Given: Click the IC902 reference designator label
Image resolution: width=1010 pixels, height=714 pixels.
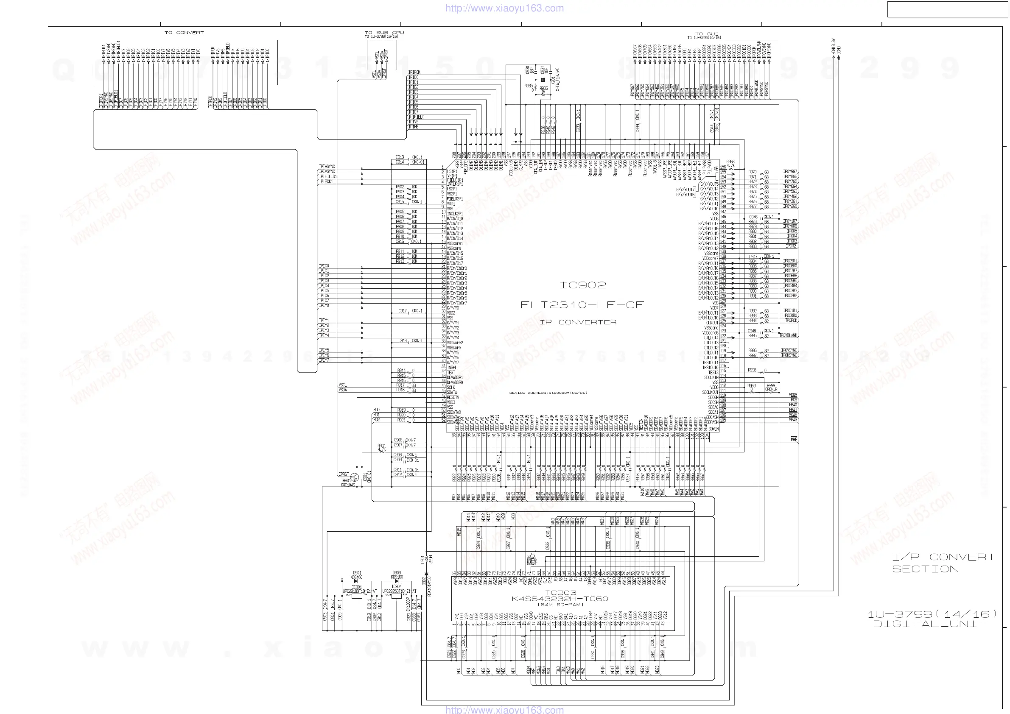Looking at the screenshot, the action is coord(582,285).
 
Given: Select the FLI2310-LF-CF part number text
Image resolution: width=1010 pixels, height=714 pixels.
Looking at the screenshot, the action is coord(582,305).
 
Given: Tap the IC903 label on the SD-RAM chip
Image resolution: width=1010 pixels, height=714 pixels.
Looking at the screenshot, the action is coord(560,593).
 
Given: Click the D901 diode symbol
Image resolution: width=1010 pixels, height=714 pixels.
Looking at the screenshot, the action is coord(356,581).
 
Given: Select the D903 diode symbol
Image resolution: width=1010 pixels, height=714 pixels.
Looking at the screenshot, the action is coord(396,581).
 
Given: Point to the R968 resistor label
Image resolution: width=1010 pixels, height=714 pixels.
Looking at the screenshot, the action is coord(730,162).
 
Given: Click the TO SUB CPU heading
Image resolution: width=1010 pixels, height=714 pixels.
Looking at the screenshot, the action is coord(384,33).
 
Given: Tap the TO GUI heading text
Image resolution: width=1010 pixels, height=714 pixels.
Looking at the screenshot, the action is coord(706,34).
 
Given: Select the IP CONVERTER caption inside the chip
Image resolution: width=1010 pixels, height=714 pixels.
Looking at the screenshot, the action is coord(578,322).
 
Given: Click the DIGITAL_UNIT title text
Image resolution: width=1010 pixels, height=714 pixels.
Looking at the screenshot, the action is coord(930,624).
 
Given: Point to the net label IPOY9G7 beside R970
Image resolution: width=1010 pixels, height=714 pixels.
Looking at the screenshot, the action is coord(790,171).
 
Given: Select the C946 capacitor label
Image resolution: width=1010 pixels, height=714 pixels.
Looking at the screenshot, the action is coord(753,217).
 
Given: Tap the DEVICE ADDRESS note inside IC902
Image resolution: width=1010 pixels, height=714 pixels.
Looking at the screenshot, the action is coord(548,393).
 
